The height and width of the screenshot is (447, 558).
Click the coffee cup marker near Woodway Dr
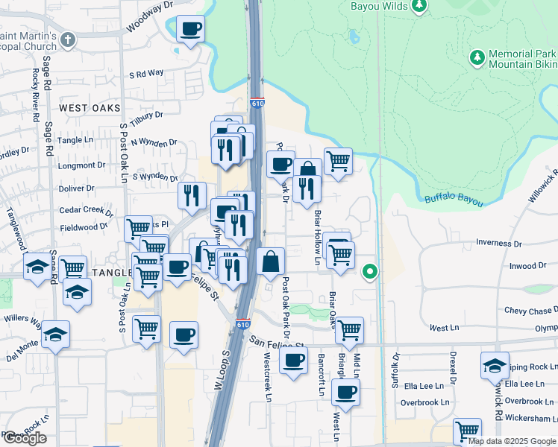click(x=190, y=29)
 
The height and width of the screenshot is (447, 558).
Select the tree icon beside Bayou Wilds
click(x=419, y=6)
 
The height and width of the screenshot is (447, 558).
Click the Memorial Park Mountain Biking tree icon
click(x=477, y=57)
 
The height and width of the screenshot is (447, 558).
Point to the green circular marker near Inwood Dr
click(x=369, y=273)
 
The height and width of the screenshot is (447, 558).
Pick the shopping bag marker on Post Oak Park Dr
click(x=270, y=261)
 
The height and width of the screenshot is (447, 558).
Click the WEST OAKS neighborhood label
click(x=90, y=108)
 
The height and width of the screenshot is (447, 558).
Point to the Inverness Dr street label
click(x=499, y=243)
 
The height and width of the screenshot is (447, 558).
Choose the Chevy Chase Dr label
click(x=530, y=310)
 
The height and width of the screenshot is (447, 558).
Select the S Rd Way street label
click(x=145, y=74)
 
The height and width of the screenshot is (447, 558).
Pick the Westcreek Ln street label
click(x=268, y=381)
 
